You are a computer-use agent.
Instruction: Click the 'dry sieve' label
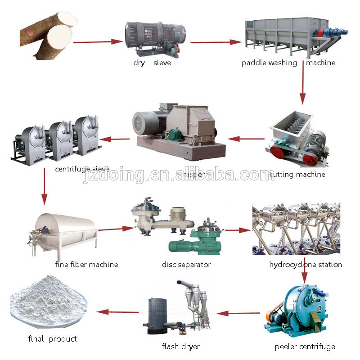152,63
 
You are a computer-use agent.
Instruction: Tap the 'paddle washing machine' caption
288,63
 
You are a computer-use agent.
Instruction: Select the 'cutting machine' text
297,174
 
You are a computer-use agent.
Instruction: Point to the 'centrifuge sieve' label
82,169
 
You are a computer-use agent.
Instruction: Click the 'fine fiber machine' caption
86,265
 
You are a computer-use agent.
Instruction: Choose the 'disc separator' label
186,265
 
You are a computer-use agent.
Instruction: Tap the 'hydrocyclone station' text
306,265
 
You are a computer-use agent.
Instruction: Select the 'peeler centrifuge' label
305,346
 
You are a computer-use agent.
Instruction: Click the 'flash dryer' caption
181,346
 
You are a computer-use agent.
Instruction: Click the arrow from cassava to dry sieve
98,42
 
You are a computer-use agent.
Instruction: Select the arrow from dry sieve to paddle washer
216,42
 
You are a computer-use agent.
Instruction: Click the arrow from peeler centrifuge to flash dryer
238,313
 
